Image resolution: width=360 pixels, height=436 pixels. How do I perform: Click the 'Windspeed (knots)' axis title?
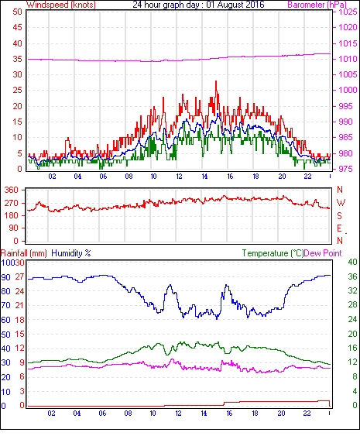[x=61, y=5]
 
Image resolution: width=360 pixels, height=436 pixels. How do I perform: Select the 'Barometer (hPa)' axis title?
[x=317, y=5]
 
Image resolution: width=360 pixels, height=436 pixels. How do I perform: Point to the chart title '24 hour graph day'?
[x=165, y=5]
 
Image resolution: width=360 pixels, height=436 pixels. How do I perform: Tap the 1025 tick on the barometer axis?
[x=348, y=12]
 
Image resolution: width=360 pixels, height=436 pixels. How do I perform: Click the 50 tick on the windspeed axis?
[x=17, y=12]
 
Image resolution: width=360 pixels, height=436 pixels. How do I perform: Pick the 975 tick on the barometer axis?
[x=345, y=169]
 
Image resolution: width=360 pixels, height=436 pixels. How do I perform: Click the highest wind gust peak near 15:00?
[x=216, y=81]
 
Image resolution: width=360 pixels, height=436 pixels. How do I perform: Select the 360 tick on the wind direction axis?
[x=12, y=191]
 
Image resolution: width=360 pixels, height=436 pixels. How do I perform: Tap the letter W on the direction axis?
[x=341, y=203]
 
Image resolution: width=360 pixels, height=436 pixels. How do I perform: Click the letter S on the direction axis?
[x=339, y=215]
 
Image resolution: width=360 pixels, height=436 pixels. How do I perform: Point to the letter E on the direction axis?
[x=339, y=228]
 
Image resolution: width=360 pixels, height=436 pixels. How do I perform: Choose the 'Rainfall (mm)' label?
[x=24, y=253]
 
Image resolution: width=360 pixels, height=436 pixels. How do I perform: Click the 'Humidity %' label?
[x=71, y=253]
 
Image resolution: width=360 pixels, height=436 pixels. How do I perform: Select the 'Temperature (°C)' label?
[x=273, y=253]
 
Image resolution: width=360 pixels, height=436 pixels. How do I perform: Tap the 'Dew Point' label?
[x=323, y=253]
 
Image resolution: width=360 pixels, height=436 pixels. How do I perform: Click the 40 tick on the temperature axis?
[x=352, y=262]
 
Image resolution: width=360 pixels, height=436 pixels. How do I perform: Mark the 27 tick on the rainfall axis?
[x=19, y=277]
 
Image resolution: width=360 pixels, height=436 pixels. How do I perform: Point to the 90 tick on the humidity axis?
[x=6, y=277]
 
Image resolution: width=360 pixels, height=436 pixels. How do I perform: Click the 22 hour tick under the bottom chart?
[x=307, y=414]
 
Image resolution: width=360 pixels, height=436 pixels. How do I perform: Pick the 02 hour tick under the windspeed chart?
[x=52, y=177]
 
